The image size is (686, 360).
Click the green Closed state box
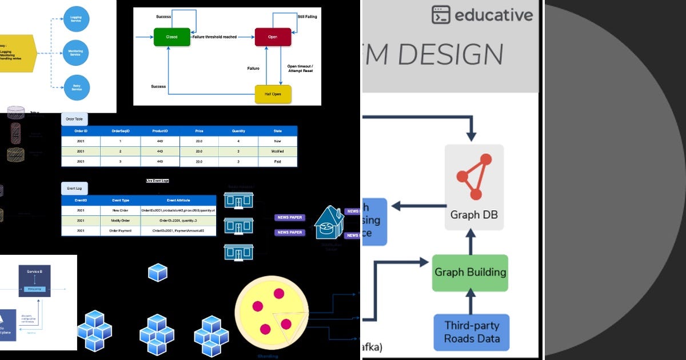pos(171,37)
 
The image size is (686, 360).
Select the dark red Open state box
pos(273,37)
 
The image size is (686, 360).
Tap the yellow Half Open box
pos(273,94)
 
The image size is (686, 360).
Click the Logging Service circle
pos(76,19)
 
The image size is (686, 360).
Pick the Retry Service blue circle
pos(76,87)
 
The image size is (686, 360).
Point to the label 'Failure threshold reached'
pos(214,37)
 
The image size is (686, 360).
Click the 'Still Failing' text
pos(307,17)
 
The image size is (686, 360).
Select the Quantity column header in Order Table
pos(238,131)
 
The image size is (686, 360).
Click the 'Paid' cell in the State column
pos(278,162)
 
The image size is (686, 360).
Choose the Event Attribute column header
pos(178,201)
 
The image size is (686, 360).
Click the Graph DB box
pos(474,187)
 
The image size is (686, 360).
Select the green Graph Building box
pos(470,273)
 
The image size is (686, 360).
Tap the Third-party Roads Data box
pos(472,332)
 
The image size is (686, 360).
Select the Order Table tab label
pos(74,119)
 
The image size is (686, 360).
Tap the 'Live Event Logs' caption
pos(157,181)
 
